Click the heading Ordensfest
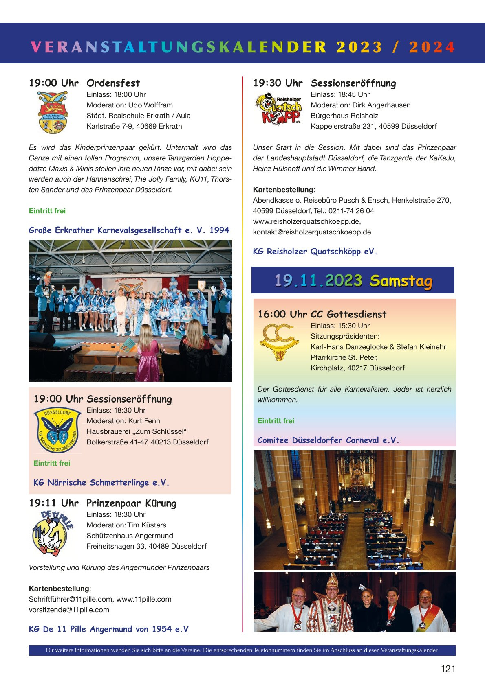113,83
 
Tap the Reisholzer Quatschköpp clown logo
278,109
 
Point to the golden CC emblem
279,341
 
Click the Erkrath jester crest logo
53,112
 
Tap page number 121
448,669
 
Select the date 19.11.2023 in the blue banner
318,280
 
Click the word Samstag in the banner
401,281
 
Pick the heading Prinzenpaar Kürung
131,503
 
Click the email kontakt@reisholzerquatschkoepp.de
312,232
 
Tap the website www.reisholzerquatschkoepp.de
306,221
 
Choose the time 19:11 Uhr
53,503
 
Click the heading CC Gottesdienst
348,314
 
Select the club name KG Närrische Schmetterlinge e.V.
101,483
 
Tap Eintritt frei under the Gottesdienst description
276,421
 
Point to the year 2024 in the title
432,47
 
